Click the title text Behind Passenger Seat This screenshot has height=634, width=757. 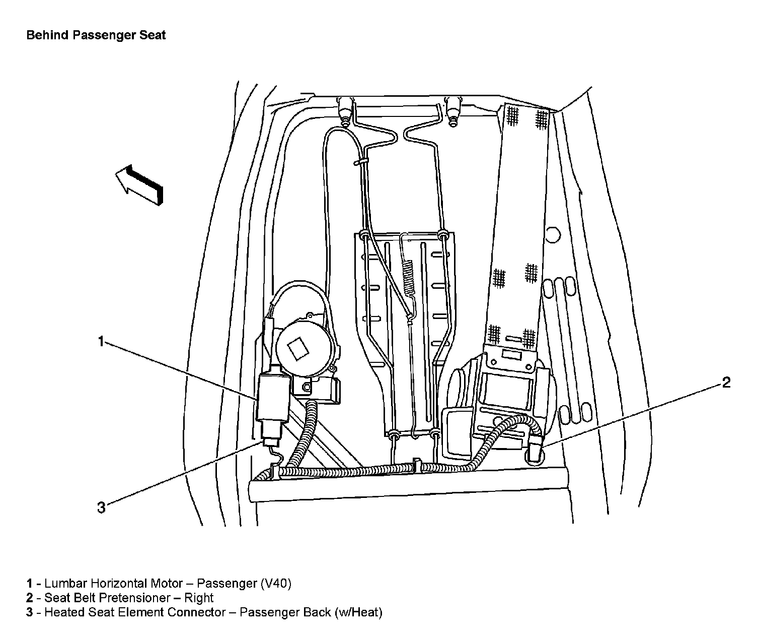click(x=96, y=35)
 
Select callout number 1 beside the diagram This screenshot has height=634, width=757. click(x=101, y=342)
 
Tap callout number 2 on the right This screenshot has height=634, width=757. click(x=726, y=383)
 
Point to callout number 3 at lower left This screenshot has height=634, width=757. click(x=101, y=508)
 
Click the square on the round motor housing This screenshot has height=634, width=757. click(x=298, y=347)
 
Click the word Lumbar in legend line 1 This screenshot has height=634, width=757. click(x=64, y=584)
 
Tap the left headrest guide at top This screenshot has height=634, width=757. click(x=345, y=111)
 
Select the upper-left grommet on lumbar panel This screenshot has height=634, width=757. click(x=363, y=235)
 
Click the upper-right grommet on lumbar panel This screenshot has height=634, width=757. click(x=443, y=235)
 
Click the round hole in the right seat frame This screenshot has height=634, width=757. click(x=552, y=234)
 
